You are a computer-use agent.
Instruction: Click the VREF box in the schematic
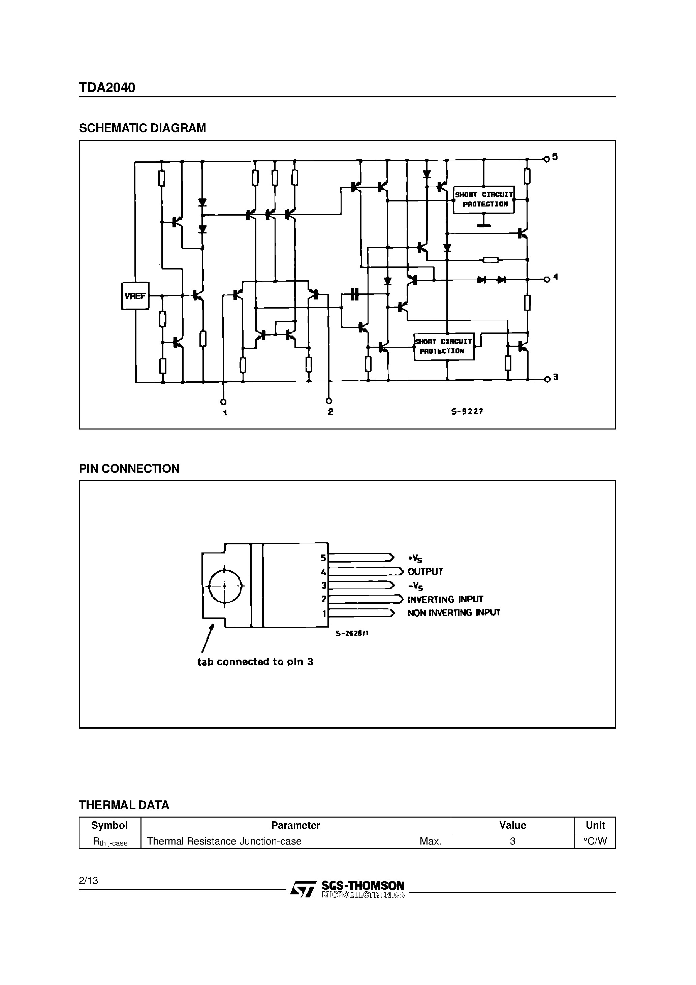[x=135, y=295]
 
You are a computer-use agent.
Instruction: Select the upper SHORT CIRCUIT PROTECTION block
[x=484, y=199]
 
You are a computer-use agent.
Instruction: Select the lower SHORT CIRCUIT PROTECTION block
[x=444, y=347]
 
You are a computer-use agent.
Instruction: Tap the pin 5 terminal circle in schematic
[x=546, y=159]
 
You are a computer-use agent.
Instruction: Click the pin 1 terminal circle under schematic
[x=223, y=402]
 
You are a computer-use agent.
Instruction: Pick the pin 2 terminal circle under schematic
[x=329, y=401]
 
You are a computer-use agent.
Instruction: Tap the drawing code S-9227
[x=467, y=411]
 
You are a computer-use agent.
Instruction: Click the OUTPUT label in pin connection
[x=425, y=571]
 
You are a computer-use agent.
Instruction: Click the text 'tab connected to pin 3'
[x=255, y=662]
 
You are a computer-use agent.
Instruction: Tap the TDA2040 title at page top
[x=107, y=88]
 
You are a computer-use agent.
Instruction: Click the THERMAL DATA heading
[x=124, y=805]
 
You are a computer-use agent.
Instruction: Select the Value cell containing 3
[x=512, y=841]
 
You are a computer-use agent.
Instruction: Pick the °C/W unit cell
[x=595, y=841]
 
